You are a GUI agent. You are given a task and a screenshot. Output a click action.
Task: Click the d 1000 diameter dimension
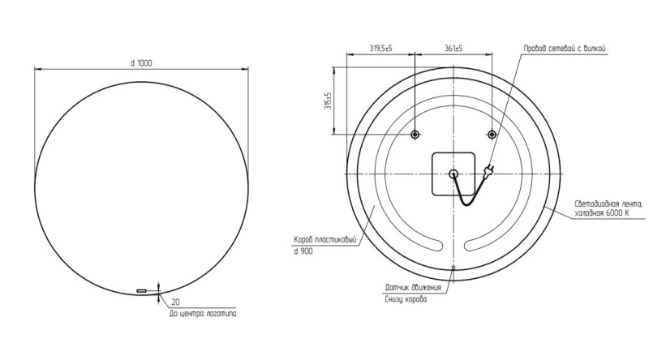pyautogui.click(x=141, y=63)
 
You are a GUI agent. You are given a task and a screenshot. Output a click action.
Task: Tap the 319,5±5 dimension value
pyautogui.click(x=380, y=49)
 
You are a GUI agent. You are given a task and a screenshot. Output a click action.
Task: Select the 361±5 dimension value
pyautogui.click(x=453, y=49)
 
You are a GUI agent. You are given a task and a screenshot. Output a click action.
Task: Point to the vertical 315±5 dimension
pyautogui.click(x=329, y=101)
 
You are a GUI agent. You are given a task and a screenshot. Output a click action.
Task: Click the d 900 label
pyautogui.click(x=303, y=251)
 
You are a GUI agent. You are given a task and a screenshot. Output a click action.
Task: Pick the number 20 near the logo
pyautogui.click(x=175, y=302)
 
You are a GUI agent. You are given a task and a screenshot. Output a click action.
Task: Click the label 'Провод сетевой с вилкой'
pyautogui.click(x=565, y=49)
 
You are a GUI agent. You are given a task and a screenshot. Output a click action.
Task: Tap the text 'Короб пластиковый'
pyautogui.click(x=325, y=239)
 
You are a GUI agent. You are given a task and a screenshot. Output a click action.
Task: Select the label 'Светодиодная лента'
pyautogui.click(x=608, y=204)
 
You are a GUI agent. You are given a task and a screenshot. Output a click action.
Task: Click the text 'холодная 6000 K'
pyautogui.click(x=601, y=213)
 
